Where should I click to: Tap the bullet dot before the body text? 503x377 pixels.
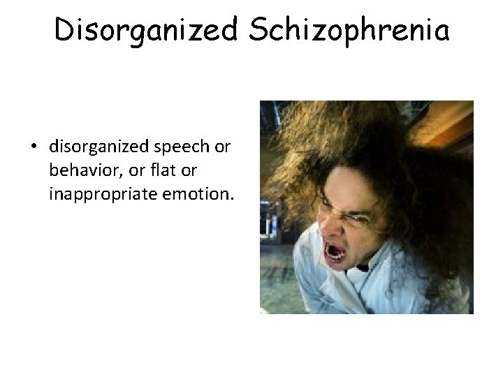pyautogui.click(x=35, y=148)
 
